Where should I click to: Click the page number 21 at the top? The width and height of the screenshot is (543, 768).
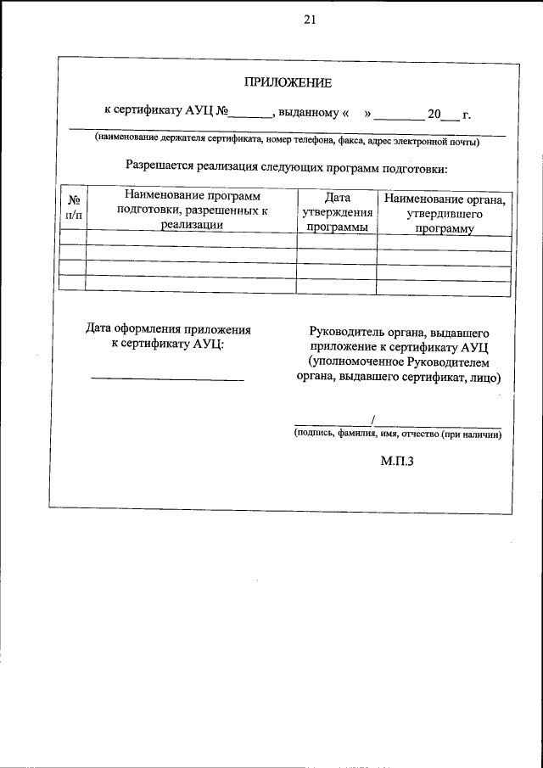point(309,22)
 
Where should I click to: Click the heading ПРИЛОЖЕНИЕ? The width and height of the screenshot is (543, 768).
point(288,82)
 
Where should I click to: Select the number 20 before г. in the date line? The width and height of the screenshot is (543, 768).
point(434,114)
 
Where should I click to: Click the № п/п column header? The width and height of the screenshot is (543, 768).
point(74,208)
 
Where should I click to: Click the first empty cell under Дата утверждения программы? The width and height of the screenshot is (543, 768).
point(337,244)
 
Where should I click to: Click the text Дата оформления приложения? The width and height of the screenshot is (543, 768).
point(169,328)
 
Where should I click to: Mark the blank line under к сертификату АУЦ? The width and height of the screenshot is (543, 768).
point(167,379)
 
